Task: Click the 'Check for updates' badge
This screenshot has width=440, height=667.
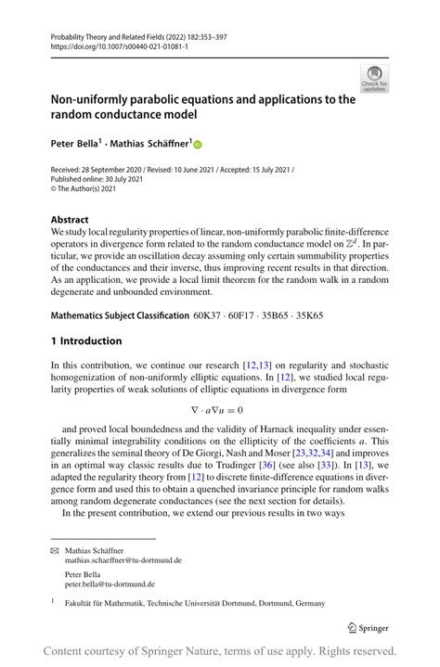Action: (374, 79)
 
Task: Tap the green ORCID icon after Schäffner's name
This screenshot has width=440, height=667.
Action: (198, 144)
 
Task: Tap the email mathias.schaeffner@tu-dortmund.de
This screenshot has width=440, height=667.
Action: (123, 560)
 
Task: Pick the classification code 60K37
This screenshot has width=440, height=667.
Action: (208, 316)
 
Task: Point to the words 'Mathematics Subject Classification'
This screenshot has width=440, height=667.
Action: (120, 316)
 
